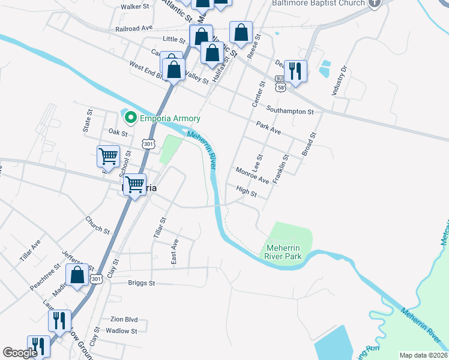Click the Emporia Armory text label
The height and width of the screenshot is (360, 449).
pyautogui.click(x=170, y=118)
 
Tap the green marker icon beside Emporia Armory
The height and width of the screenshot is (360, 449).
pyautogui.click(x=129, y=118)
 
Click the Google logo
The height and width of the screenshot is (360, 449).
pyautogui.click(x=20, y=353)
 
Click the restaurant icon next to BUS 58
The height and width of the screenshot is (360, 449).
pyautogui.click(x=295, y=71)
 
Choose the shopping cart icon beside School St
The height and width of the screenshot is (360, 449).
pyautogui.click(x=108, y=157)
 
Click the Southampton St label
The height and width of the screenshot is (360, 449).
pyautogui.click(x=291, y=112)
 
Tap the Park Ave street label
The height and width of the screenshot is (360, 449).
pyautogui.click(x=268, y=130)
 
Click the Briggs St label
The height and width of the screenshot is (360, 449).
pyautogui.click(x=142, y=283)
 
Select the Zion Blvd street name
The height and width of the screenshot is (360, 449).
pyautogui.click(x=124, y=320)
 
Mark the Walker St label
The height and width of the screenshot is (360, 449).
pyautogui.click(x=134, y=7)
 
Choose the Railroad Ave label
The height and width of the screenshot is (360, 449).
pyautogui.click(x=134, y=28)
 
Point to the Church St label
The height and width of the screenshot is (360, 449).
pyautogui.click(x=98, y=225)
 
